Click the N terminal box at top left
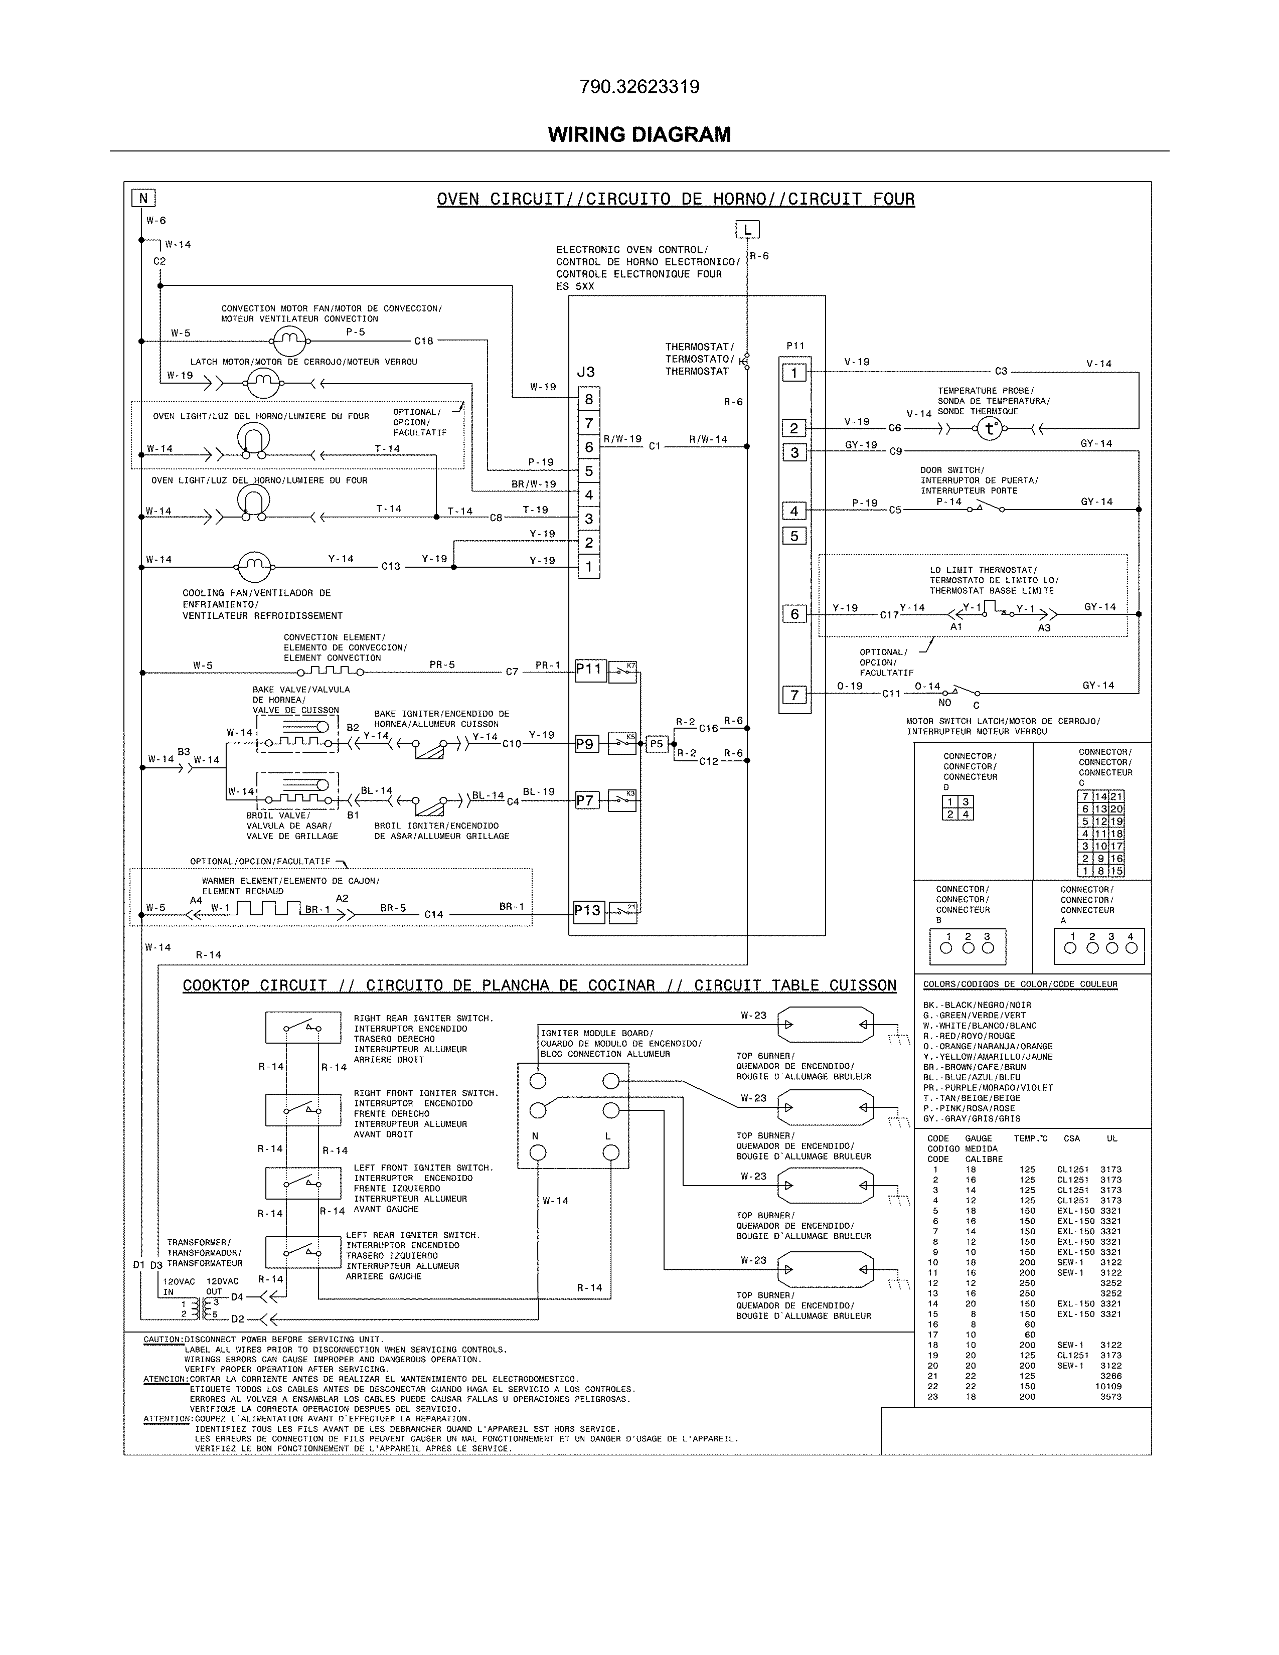point(143,199)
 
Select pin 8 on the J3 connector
point(589,399)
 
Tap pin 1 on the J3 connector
point(589,566)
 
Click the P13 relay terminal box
point(588,910)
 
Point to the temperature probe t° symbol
point(988,429)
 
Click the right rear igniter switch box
point(303,1028)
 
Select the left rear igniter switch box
point(303,1251)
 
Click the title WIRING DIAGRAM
point(638,135)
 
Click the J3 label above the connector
point(586,372)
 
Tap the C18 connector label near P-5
point(423,341)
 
